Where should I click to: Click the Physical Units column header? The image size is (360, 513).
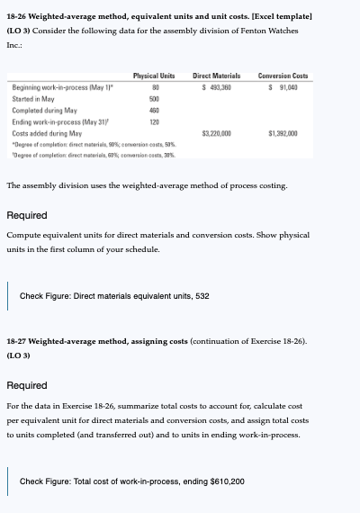point(154,75)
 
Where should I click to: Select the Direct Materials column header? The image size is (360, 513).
point(220,75)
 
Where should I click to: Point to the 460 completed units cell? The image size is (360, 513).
point(154,108)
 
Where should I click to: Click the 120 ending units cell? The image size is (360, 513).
point(154,120)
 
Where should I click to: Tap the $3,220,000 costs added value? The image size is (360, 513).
point(219,131)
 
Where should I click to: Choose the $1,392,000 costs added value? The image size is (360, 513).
point(289,131)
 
